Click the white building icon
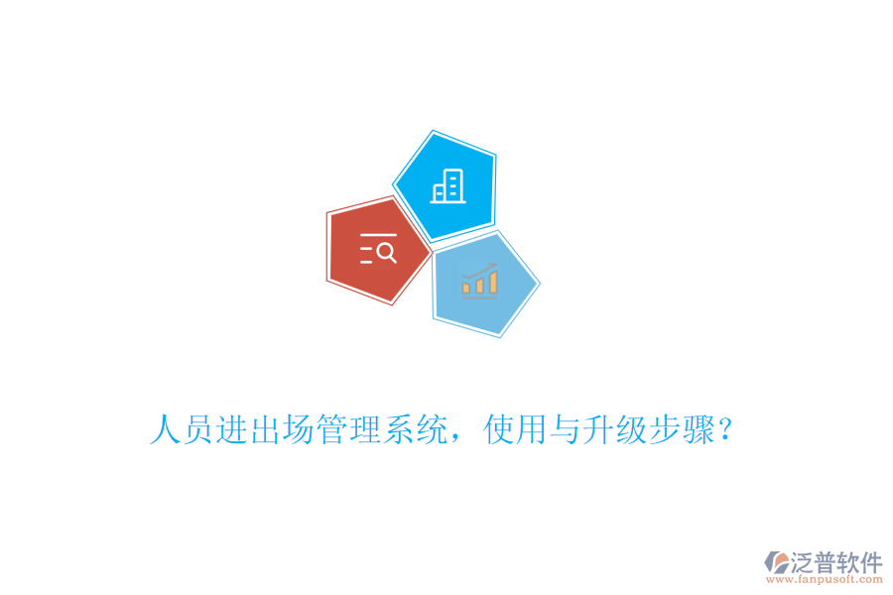[447, 185]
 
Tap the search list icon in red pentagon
[378, 249]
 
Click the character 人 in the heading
[165, 430]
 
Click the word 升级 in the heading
[615, 430]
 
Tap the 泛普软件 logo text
[836, 562]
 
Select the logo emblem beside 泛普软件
[777, 564]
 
